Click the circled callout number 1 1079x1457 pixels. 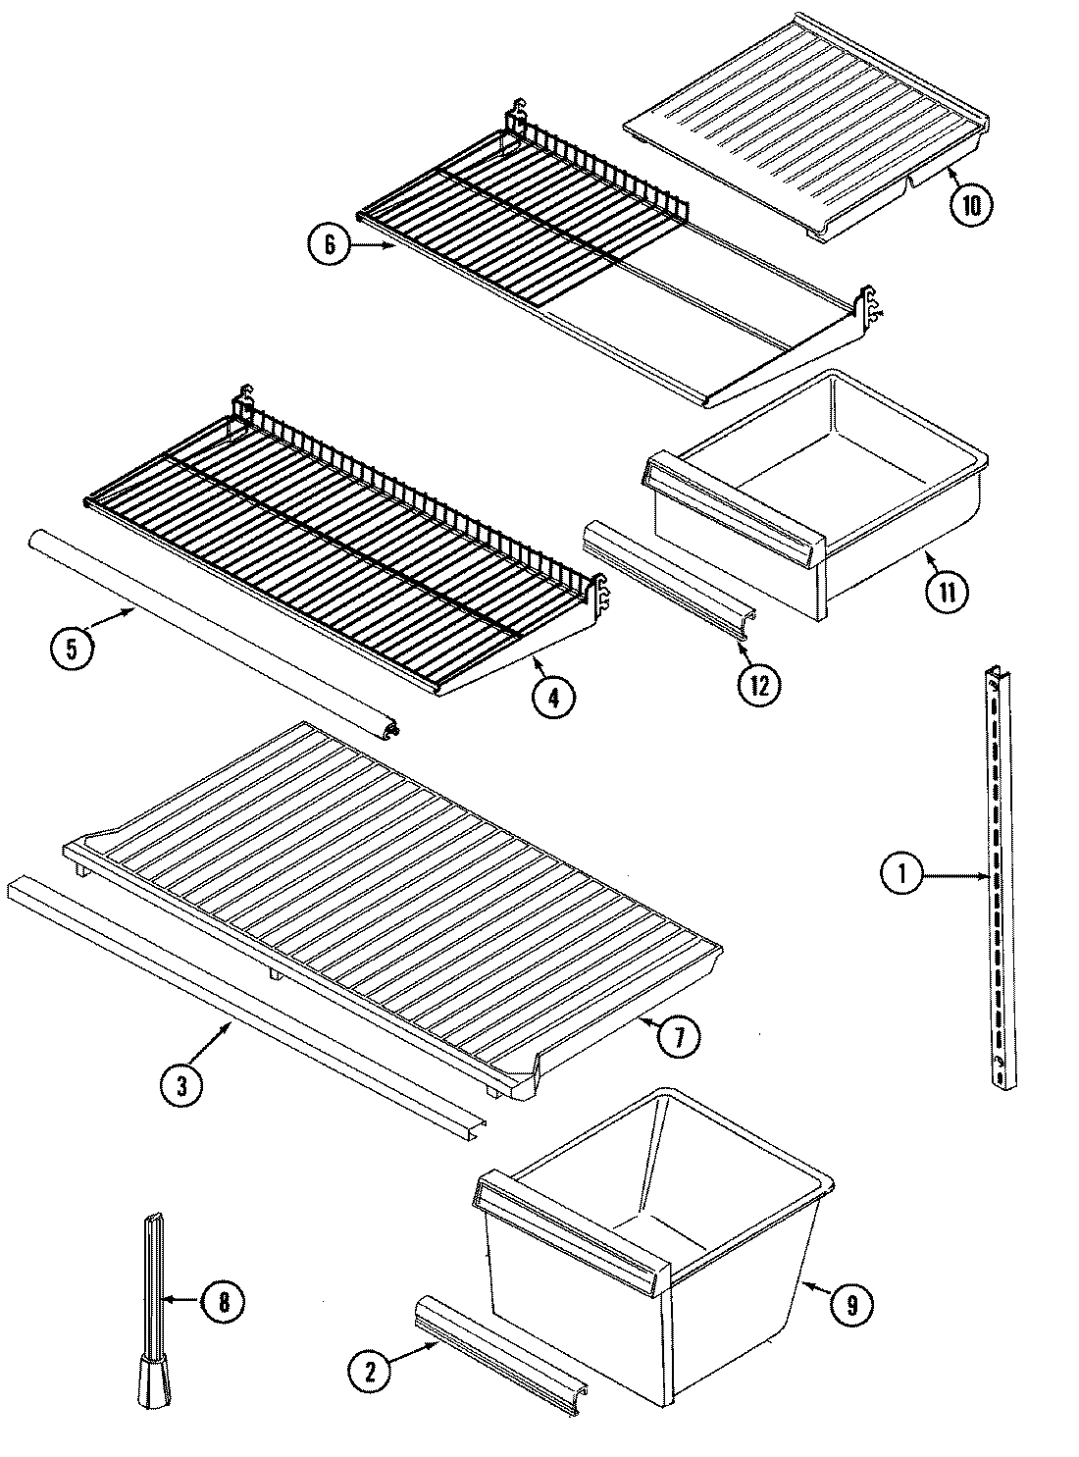(901, 874)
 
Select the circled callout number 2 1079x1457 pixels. (369, 1371)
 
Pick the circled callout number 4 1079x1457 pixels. (554, 696)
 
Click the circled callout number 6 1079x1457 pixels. (329, 245)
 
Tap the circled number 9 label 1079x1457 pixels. (851, 1304)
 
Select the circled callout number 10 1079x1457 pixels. (971, 204)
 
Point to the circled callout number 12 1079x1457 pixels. (759, 683)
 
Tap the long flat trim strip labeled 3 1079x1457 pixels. (245, 1001)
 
